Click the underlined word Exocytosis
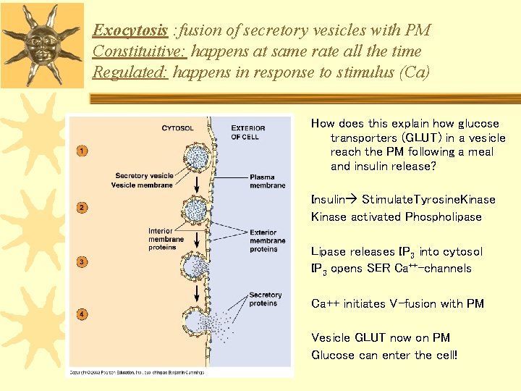tap(130, 30)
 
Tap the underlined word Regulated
tap(130, 72)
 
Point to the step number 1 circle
tap(82, 151)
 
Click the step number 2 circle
tap(82, 209)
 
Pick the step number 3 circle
tap(82, 261)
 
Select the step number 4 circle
tap(82, 314)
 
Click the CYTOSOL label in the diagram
tap(177, 128)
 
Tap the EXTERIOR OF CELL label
tap(248, 133)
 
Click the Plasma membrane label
tap(267, 181)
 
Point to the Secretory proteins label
tap(265, 299)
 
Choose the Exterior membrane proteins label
tap(267, 241)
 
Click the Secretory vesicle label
tap(144, 175)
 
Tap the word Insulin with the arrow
tap(330, 198)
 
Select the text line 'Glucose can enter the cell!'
tap(384, 355)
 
